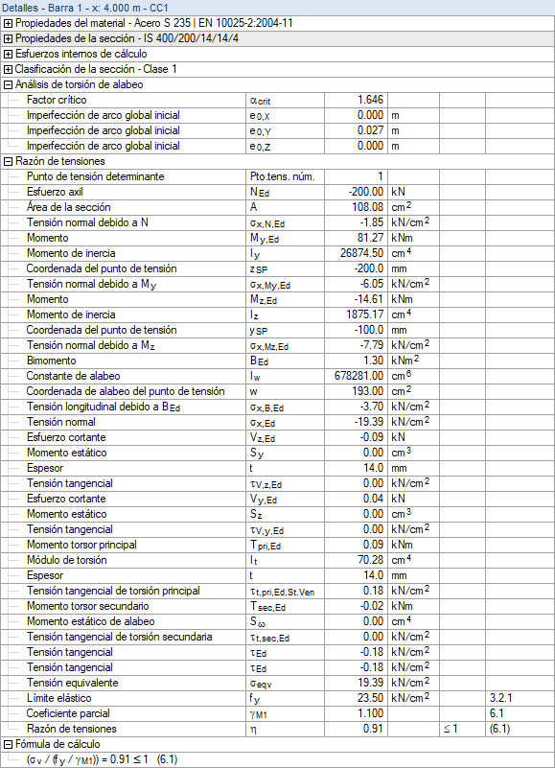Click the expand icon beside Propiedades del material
[8, 23]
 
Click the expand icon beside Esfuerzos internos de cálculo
[8, 54]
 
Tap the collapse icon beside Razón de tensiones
[8, 161]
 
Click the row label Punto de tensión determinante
[95, 176]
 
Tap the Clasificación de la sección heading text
[96, 69]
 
